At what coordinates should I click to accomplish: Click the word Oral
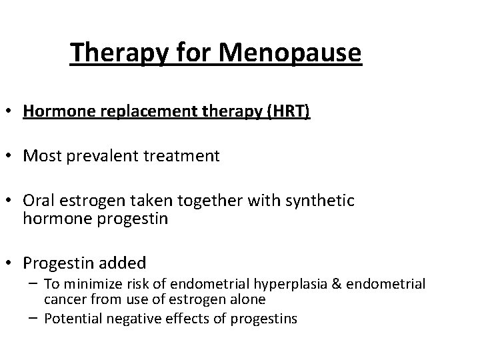[37, 201]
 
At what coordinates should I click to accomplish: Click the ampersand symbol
[335, 285]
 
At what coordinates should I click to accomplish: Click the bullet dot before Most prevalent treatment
[11, 156]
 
